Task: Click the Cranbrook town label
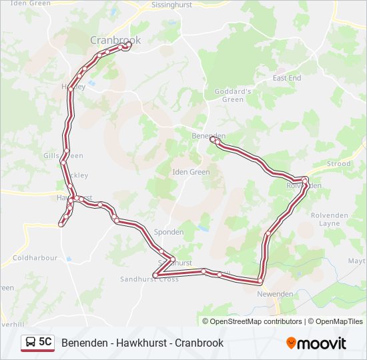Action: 115,40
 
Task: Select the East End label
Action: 287,78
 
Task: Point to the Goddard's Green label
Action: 232,95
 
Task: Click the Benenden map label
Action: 208,135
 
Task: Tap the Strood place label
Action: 339,163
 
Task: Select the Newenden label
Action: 276,293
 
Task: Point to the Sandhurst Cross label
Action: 150,279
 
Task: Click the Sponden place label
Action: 169,232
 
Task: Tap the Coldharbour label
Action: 35,257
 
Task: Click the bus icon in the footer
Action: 31,343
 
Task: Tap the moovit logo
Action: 316,343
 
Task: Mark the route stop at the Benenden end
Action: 213,141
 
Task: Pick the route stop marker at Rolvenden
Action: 305,180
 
